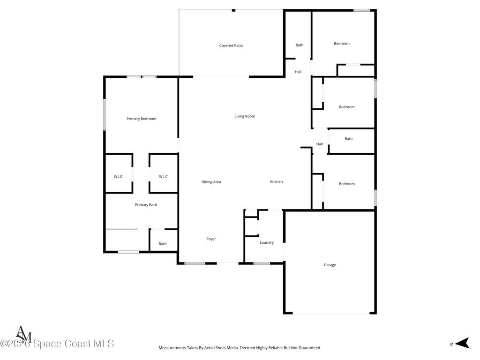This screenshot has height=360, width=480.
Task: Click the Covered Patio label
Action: point(231,45)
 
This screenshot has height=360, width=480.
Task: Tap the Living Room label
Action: point(245,116)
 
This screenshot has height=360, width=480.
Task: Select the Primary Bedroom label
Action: point(141,119)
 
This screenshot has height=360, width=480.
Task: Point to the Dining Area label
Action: point(211,182)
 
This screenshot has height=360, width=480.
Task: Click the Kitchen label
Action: point(276,182)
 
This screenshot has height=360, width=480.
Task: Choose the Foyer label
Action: point(211,239)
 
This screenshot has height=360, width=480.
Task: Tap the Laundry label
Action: point(267,242)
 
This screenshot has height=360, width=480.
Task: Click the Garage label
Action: point(330,265)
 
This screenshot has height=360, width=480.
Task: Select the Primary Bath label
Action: point(146,205)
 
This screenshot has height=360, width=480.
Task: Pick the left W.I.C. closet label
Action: point(118,177)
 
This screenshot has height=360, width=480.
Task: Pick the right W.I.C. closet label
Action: point(164,177)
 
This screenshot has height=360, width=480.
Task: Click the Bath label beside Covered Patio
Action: point(299,45)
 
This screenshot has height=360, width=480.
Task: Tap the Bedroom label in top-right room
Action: point(341,44)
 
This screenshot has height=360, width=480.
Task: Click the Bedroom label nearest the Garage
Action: point(346,184)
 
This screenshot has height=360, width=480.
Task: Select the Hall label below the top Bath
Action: point(298,72)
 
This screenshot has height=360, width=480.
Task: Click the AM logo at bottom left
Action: point(23,334)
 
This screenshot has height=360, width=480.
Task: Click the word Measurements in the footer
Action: point(174,348)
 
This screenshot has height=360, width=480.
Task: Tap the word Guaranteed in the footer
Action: point(309,348)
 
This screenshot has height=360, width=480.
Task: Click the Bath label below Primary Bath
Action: point(162,244)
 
